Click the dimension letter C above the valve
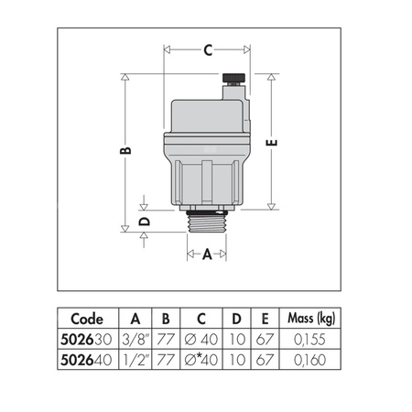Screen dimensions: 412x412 coord(208,50)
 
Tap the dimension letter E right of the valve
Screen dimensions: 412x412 coord(272,142)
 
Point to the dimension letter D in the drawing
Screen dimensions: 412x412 coord(143,221)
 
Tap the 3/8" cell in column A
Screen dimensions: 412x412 coord(135,338)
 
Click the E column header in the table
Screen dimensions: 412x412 coord(263,320)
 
